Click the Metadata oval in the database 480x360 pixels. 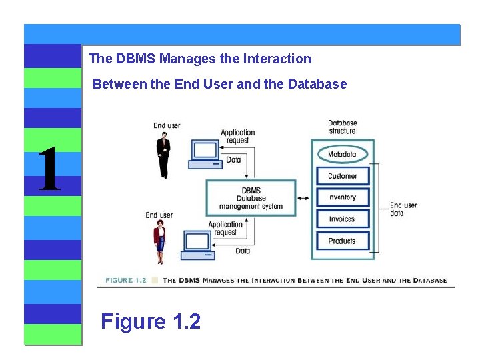pos(342,155)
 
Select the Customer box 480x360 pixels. pos(342,176)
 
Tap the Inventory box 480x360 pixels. pos(342,197)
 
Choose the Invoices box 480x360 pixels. pos(342,219)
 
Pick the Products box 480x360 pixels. pos(342,241)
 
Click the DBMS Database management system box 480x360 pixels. pos(251,198)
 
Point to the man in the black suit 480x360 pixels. pos(163,155)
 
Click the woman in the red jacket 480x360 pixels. pos(160,242)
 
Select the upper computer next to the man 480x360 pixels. pos(205,155)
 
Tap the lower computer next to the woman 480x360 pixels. pos(199,245)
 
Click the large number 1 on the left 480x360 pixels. pos(49,170)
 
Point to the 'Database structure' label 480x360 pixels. pos(342,127)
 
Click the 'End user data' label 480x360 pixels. pos(403,209)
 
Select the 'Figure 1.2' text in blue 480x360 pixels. pos(151,322)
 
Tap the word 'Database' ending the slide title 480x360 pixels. pos(317,84)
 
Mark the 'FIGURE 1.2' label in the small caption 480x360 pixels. pos(125,281)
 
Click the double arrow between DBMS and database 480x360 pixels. pos(303,198)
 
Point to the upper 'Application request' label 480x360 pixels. pos(238,137)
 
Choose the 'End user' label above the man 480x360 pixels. pos(167,125)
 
